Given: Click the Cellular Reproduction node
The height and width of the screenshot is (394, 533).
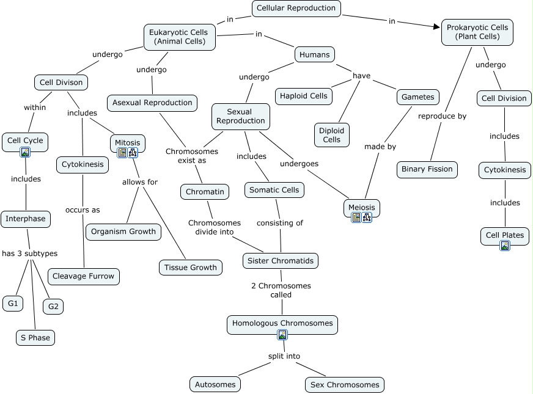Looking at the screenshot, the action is pos(296,8).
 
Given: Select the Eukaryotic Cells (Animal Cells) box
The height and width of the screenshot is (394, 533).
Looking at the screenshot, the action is pos(180,37).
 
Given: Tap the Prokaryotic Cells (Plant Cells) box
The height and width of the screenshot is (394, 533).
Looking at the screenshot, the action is pos(477,32).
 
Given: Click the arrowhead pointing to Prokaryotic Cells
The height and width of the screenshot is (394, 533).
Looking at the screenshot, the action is pos(437,26).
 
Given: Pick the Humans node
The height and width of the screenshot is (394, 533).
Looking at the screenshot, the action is pos(314,54).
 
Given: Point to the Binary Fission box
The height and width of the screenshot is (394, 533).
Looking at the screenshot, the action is pos(427,169).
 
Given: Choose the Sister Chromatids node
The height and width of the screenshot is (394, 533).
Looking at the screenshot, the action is pos(281,261).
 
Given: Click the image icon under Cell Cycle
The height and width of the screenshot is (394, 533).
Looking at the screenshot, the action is pos(25,152).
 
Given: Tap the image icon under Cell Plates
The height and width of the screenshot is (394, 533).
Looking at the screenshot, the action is pos(505,246).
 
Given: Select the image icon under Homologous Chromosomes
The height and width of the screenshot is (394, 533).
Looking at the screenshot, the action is pos(282,335).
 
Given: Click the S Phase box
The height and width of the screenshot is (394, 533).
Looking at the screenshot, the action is pos(35,338).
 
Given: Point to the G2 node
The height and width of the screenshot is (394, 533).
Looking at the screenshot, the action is pos(53,307).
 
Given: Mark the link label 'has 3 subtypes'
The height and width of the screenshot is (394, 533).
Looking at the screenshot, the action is pos(29,254).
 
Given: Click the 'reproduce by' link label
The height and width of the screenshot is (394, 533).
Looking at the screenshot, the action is pos(442,116).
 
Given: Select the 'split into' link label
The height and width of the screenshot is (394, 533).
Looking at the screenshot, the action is pos(284,356).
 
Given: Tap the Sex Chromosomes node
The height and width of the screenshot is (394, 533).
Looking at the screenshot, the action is pos(345,385).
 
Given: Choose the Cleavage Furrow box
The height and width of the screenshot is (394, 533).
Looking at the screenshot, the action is pos(84,277).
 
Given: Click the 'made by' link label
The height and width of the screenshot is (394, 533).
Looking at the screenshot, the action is pos(380,147).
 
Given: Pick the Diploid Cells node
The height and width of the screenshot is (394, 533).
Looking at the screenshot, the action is pos(332,135).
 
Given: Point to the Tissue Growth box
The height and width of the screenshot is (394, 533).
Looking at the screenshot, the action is pos(191,268).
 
